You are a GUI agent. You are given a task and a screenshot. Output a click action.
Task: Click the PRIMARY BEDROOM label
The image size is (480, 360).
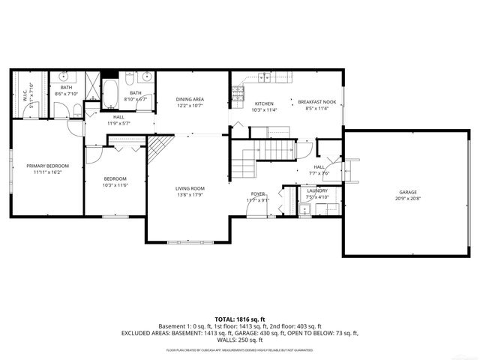point(47,166)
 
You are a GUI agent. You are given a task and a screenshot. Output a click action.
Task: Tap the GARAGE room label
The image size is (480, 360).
point(408,193)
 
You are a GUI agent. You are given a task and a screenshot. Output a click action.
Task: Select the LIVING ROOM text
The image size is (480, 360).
point(190,188)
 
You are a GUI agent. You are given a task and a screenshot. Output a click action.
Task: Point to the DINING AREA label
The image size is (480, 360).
point(190,100)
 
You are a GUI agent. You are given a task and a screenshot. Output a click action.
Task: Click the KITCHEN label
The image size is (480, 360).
point(263,103)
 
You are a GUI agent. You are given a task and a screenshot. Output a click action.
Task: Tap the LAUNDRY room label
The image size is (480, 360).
point(317,191)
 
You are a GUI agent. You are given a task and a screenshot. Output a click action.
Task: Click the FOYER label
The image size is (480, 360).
point(258,194)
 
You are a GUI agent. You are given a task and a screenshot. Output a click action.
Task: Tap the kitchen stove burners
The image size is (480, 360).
point(238,93)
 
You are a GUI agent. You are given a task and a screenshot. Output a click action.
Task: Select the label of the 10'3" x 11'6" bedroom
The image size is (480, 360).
point(115,178)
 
